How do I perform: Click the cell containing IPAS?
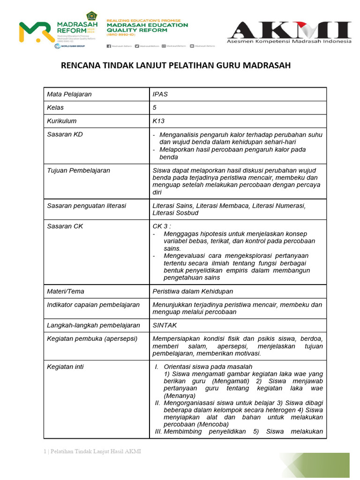click(x=160, y=94)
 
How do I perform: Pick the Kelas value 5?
click(x=155, y=107)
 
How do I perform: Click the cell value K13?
click(x=159, y=120)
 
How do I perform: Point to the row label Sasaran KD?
click(x=65, y=135)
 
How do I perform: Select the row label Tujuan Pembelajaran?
click(x=78, y=170)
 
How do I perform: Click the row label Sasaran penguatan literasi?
click(x=86, y=205)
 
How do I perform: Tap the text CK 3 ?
click(x=162, y=226)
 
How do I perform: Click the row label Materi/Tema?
click(x=66, y=291)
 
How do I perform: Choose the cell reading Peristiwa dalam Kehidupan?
click(x=193, y=291)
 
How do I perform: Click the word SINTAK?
click(x=165, y=325)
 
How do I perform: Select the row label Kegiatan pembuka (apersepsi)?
click(x=92, y=338)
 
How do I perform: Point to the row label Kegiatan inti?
click(x=65, y=367)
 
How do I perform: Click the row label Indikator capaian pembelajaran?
click(x=93, y=305)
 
